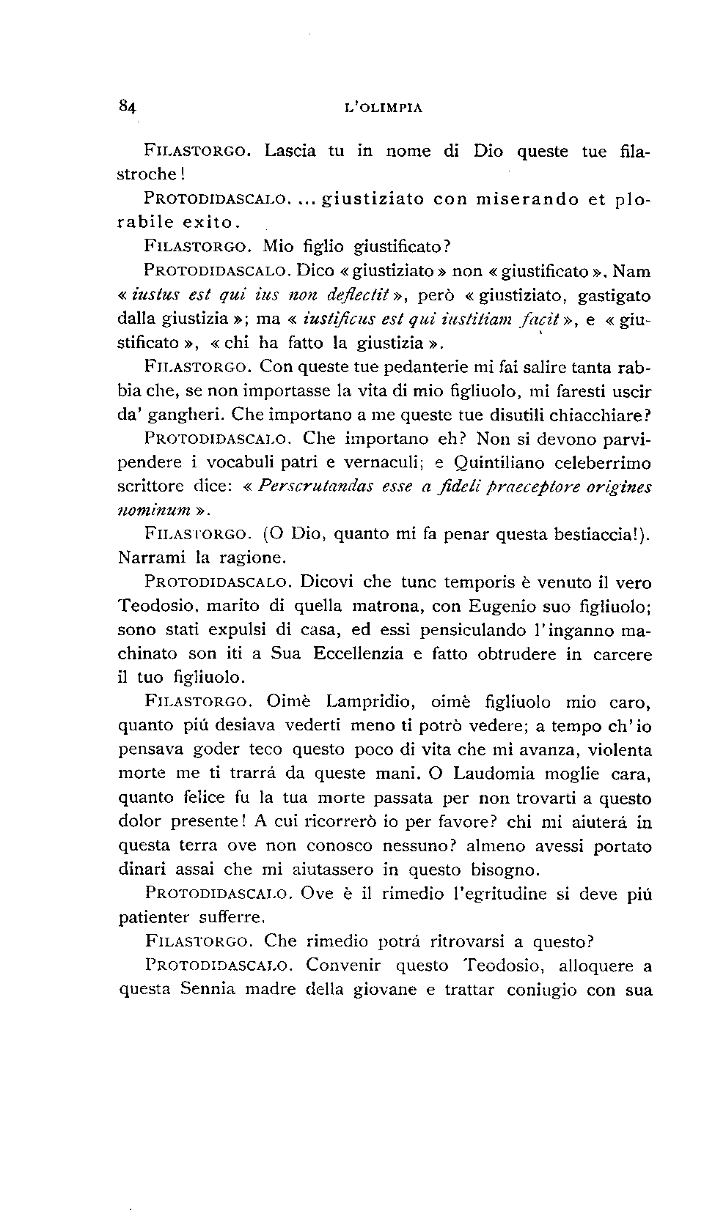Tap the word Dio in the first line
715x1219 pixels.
click(488, 152)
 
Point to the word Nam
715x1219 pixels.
click(631, 271)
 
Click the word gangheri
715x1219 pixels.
click(186, 415)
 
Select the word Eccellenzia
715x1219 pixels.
click(356, 654)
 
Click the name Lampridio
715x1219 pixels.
click(371, 702)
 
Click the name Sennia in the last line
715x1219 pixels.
click(208, 989)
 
